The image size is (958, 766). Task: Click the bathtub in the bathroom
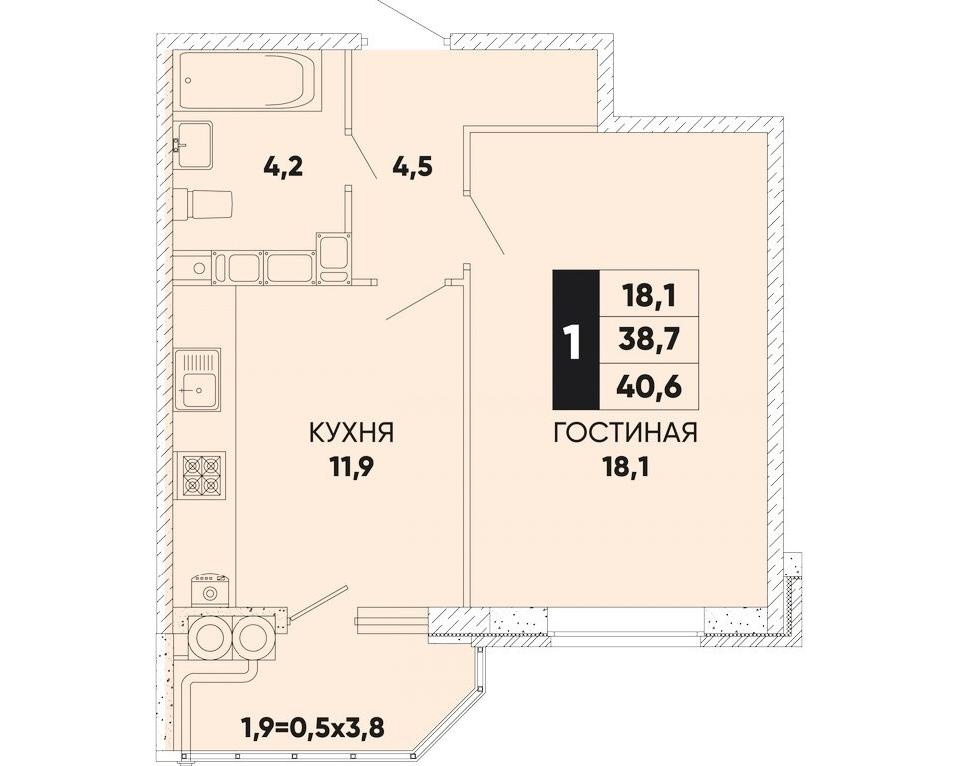(246, 80)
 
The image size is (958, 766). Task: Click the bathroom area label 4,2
(283, 165)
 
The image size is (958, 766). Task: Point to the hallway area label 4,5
(413, 165)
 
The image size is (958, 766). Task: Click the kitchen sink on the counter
(197, 379)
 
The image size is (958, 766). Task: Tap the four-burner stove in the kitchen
(200, 475)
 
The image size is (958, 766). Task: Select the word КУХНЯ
(352, 433)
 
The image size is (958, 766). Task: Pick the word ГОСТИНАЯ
(625, 433)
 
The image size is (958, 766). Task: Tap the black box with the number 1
(576, 340)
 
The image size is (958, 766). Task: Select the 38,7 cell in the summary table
(649, 340)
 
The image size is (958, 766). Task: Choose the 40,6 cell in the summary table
(649, 386)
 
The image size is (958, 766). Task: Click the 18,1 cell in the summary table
(649, 294)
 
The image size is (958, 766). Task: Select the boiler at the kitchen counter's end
(210, 590)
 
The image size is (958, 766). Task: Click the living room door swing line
(485, 223)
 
